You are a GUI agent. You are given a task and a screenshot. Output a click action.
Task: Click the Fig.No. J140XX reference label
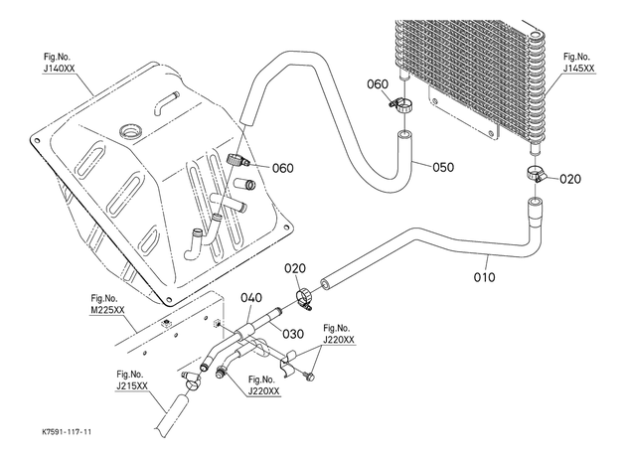[59, 63]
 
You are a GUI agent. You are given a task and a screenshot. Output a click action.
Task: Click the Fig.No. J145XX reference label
[579, 63]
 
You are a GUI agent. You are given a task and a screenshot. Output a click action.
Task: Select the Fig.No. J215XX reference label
[132, 381]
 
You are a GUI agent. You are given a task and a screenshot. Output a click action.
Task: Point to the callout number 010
[484, 277]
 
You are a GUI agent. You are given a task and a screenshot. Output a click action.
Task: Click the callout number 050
[443, 167]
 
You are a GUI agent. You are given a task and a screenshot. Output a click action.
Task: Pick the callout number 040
[251, 298]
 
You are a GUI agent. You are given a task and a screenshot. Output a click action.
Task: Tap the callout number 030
[293, 334]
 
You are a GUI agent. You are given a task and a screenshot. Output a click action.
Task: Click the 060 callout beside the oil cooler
[378, 84]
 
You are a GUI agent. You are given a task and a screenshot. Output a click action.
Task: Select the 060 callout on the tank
[282, 168]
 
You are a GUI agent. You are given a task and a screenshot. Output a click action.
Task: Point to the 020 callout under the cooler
[570, 179]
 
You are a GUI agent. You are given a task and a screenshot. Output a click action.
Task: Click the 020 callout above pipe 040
[295, 268]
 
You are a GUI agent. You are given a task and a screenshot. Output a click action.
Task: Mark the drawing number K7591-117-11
[67, 432]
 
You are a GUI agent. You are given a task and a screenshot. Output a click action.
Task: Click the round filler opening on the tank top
[130, 131]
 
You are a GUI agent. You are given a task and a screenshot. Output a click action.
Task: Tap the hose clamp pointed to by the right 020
[535, 175]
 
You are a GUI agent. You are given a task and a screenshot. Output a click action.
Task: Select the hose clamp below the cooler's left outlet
[402, 105]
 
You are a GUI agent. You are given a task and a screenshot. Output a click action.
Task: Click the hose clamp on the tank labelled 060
[237, 161]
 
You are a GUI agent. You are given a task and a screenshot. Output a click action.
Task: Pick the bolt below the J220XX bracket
[309, 376]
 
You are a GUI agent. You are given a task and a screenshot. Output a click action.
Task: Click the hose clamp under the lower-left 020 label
[305, 299]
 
